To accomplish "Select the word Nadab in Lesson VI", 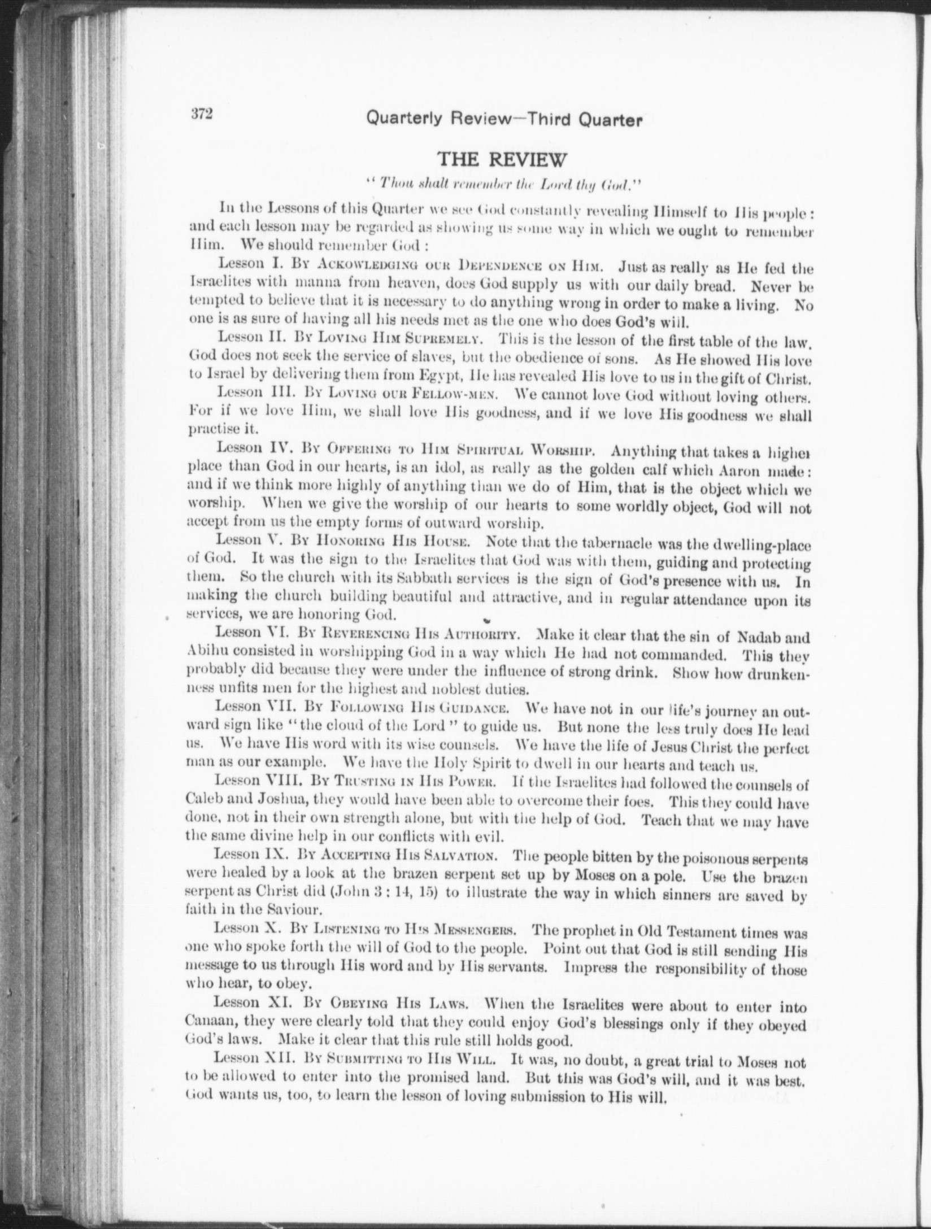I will [x=759, y=638].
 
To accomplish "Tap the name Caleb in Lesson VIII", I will [x=205, y=803].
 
